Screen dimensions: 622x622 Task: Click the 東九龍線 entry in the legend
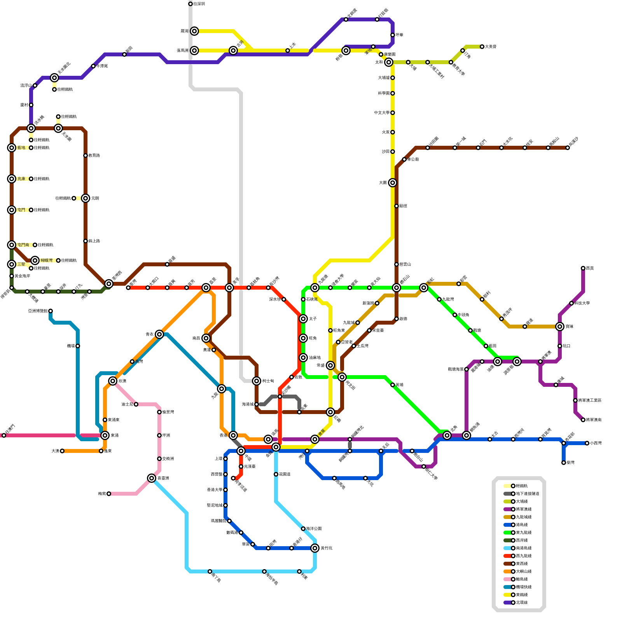click(521, 533)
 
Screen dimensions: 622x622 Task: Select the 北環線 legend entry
click(521, 603)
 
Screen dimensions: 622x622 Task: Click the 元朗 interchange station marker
click(86, 198)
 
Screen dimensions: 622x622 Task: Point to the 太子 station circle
click(303, 319)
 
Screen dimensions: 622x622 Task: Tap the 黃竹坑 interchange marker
click(315, 548)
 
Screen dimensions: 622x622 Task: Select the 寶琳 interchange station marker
click(560, 327)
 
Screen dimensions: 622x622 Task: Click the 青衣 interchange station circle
click(159, 334)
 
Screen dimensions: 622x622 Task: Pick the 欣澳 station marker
click(113, 381)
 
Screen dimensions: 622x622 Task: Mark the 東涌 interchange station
click(105, 435)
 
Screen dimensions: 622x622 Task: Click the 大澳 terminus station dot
click(62, 451)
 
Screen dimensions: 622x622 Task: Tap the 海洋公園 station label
click(314, 529)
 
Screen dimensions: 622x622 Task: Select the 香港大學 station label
click(215, 490)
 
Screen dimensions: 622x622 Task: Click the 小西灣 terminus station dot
click(587, 443)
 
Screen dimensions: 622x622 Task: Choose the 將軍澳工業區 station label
click(590, 400)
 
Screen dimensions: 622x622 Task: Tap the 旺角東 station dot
click(330, 330)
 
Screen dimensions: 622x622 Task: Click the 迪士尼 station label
click(127, 404)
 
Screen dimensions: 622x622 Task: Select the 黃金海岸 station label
click(22, 276)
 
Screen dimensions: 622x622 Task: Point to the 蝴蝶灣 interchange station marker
click(35, 260)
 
